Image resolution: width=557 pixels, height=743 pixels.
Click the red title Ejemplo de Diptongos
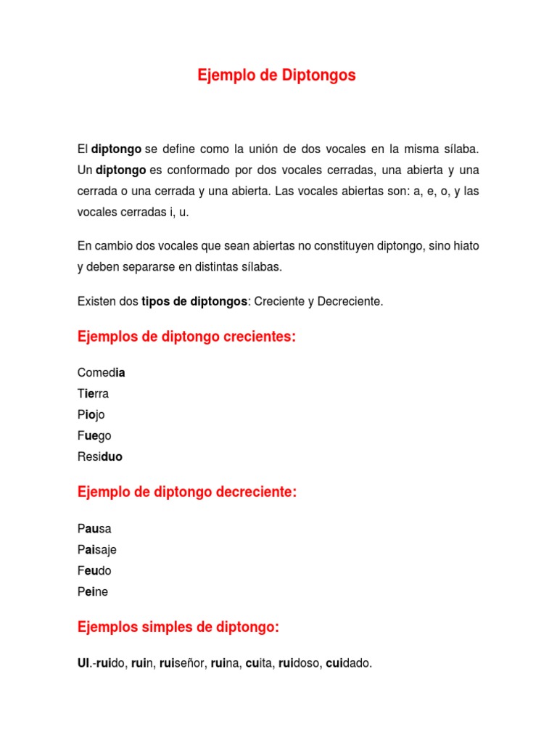coord(276,75)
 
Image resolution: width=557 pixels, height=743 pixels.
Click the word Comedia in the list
coord(101,373)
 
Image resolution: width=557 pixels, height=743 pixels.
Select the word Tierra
coord(93,394)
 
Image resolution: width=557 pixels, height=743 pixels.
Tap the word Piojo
coord(91,415)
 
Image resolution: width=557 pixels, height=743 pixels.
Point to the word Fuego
coord(94,436)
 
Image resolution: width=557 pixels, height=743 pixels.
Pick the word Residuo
coord(100,457)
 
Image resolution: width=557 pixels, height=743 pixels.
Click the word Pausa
coord(94,528)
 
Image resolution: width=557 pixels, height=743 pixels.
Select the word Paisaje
coord(96,549)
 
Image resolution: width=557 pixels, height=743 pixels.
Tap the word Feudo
coord(94,570)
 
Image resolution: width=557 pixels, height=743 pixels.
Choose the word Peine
coord(93,591)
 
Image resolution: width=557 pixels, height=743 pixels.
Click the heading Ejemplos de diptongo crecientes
coord(186,337)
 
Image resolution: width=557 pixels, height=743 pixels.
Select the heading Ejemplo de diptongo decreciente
coord(187,493)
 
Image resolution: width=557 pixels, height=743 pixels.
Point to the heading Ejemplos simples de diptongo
coord(178,628)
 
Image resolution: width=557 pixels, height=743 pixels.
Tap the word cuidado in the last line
coord(348,663)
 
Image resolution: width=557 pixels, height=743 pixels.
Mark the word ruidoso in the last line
coord(299,663)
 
